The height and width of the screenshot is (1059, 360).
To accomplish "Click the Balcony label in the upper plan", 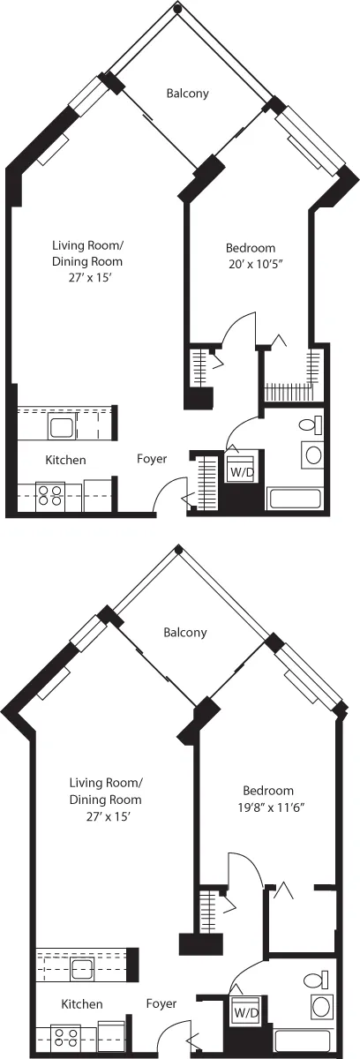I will [x=188, y=94].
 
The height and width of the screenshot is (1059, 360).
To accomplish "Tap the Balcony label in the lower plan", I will [x=185, y=632].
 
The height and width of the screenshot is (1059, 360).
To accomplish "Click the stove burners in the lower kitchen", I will [x=65, y=1034].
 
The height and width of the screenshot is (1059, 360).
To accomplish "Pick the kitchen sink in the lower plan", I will [x=84, y=971].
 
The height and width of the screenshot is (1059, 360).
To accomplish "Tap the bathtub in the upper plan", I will [x=296, y=499].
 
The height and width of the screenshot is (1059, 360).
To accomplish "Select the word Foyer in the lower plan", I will [x=161, y=1003].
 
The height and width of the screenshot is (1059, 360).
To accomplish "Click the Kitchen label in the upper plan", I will [x=66, y=460].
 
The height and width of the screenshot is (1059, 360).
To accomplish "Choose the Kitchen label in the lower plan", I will [x=82, y=1004].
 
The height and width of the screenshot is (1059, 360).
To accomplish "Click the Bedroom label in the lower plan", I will [x=268, y=791].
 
